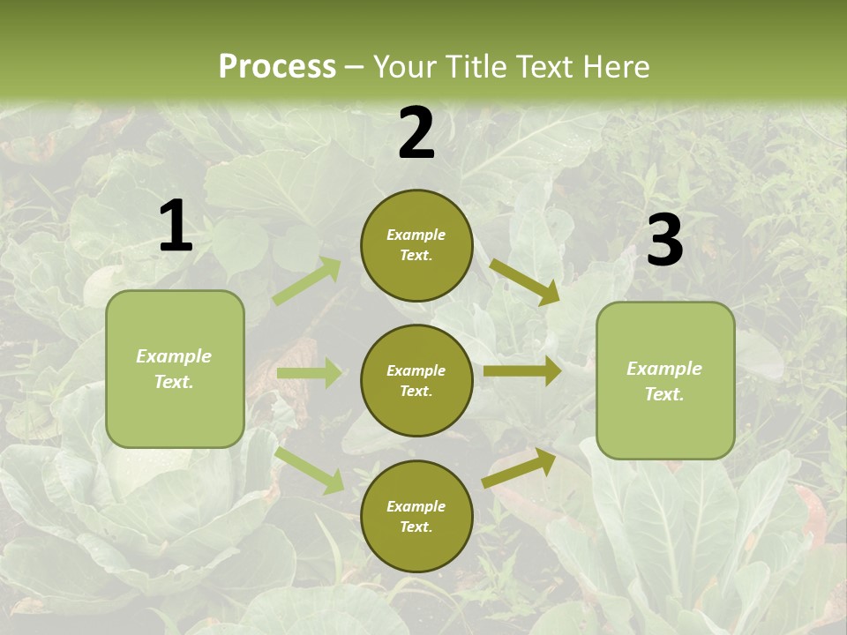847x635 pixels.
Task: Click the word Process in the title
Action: (277, 67)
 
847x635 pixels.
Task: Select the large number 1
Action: (176, 227)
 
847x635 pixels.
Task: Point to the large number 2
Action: (416, 134)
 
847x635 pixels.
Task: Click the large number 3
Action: (664, 240)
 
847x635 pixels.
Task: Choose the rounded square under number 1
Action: (175, 369)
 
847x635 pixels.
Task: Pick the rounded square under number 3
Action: (665, 380)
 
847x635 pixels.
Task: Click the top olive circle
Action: (416, 245)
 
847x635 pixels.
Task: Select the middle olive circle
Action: (416, 380)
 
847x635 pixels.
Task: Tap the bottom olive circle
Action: (416, 516)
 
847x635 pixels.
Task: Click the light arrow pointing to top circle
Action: (307, 281)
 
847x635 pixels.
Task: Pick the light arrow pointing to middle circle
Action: (309, 373)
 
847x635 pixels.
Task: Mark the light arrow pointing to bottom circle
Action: (310, 470)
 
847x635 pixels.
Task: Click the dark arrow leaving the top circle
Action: (524, 281)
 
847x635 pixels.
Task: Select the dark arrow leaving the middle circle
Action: (522, 371)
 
